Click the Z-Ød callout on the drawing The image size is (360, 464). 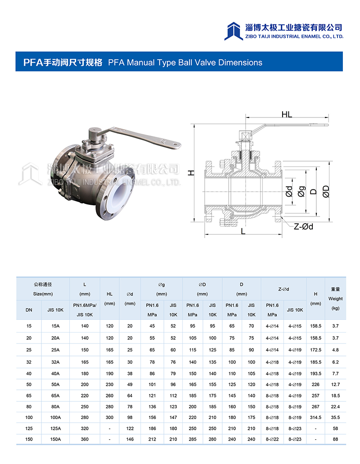[303, 226]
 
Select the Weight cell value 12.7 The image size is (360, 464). [335, 384]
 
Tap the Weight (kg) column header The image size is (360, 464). [335, 298]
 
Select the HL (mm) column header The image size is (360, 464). [109, 298]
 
